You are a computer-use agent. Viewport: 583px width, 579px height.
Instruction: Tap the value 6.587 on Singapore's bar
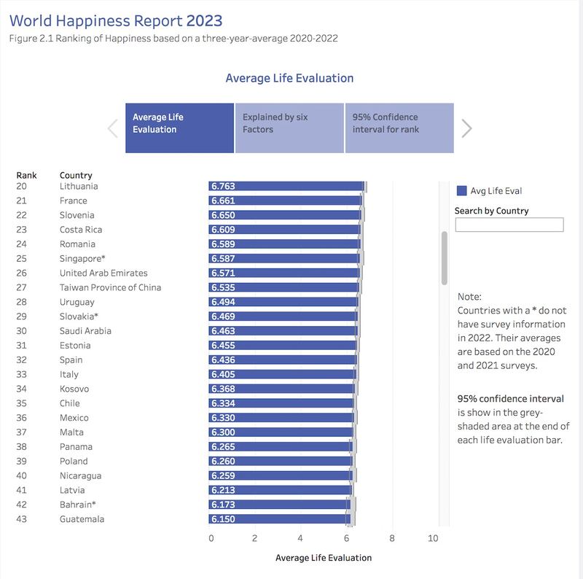(222, 259)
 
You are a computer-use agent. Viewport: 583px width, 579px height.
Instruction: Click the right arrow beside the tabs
(467, 128)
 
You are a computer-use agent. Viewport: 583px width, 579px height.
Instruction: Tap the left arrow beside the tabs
(113, 128)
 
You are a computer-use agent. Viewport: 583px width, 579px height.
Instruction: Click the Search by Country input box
(509, 225)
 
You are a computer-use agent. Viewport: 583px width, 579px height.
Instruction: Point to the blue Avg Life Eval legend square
(461, 191)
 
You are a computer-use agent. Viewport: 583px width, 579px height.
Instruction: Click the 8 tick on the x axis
(392, 539)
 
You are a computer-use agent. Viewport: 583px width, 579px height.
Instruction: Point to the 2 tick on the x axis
(255, 539)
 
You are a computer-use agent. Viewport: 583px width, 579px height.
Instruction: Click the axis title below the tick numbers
(324, 558)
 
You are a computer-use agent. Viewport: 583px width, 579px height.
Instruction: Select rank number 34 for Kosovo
(21, 389)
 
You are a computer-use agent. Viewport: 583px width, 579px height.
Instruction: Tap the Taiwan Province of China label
(110, 287)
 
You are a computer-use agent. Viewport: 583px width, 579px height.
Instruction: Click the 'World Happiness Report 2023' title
(116, 20)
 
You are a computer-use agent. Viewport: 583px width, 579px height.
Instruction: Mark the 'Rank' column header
(26, 175)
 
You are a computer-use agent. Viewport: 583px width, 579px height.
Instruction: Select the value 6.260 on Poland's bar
(222, 461)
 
